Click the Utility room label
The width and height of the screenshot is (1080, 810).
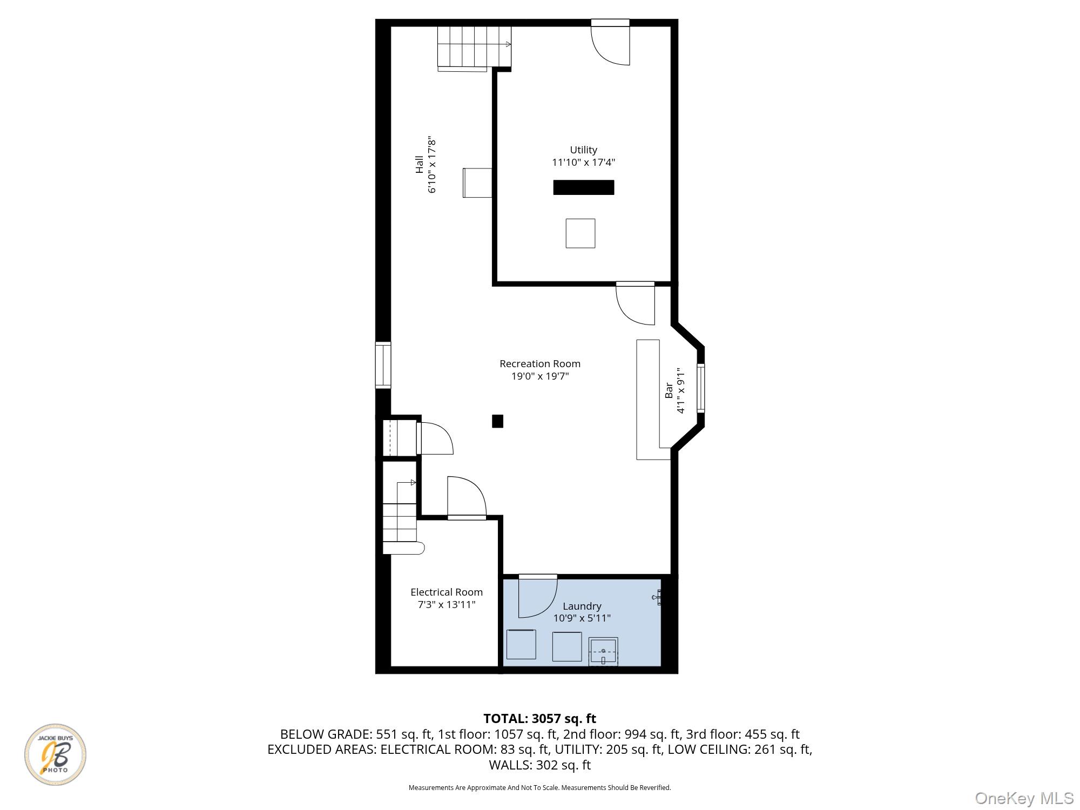(583, 150)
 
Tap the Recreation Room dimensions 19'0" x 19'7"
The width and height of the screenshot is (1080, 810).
(540, 376)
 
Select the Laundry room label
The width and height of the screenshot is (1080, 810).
(582, 606)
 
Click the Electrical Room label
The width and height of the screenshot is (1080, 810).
(447, 592)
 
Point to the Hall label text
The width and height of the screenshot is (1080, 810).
(420, 165)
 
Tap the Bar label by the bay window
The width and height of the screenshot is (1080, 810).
(669, 390)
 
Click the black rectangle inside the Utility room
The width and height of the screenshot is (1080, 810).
(583, 187)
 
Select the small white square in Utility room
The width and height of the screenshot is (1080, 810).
(580, 233)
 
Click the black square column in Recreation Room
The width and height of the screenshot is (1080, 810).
(497, 421)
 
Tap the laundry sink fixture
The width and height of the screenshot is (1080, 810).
(603, 651)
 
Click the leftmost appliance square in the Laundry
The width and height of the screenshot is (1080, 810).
(521, 644)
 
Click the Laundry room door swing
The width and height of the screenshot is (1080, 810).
(537, 597)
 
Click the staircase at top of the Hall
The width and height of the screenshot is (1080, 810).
(474, 48)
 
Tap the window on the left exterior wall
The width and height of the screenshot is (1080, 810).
(383, 365)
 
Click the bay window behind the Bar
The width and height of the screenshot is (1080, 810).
(700, 388)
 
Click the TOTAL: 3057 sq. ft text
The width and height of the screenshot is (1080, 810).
(539, 719)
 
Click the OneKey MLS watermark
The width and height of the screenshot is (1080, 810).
(1024, 798)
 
